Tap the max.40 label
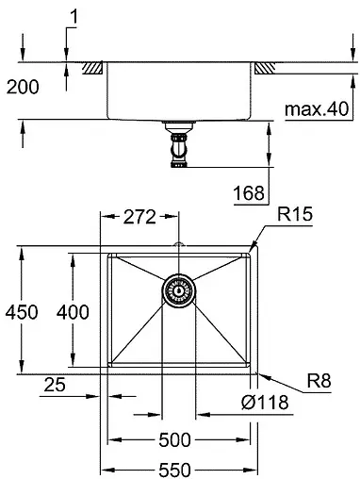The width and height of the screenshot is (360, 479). [x=312, y=110]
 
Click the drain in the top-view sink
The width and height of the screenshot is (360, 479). [x=178, y=292]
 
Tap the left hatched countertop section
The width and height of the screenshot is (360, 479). [x=92, y=69]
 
